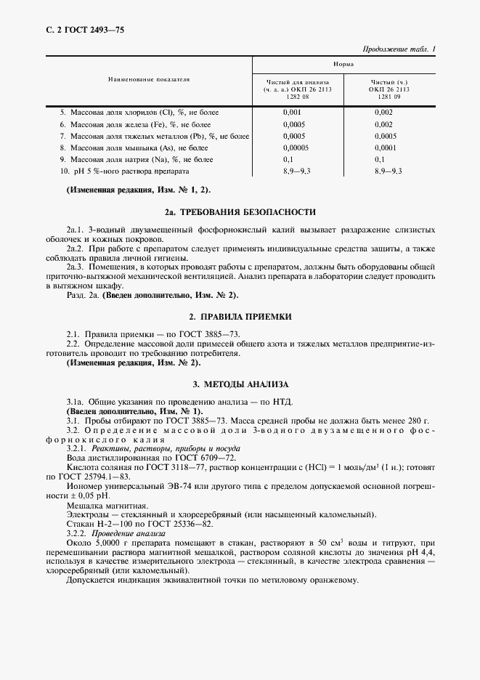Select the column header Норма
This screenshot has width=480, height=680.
click(343, 65)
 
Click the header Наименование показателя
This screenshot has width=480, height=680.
click(149, 79)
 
